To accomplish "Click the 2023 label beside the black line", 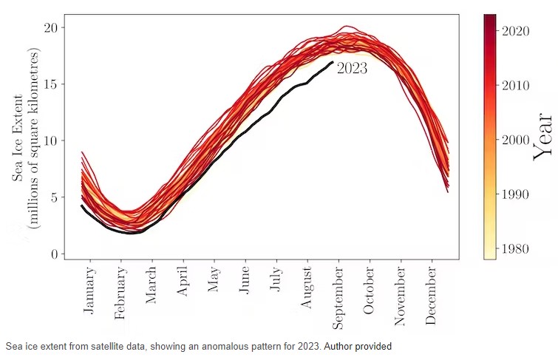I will pyautogui.click(x=352, y=69).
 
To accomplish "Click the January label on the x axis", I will pyautogui.click(x=90, y=289).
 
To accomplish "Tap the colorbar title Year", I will pyautogui.click(x=543, y=136).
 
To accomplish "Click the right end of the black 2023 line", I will pyautogui.click(x=333, y=62).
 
